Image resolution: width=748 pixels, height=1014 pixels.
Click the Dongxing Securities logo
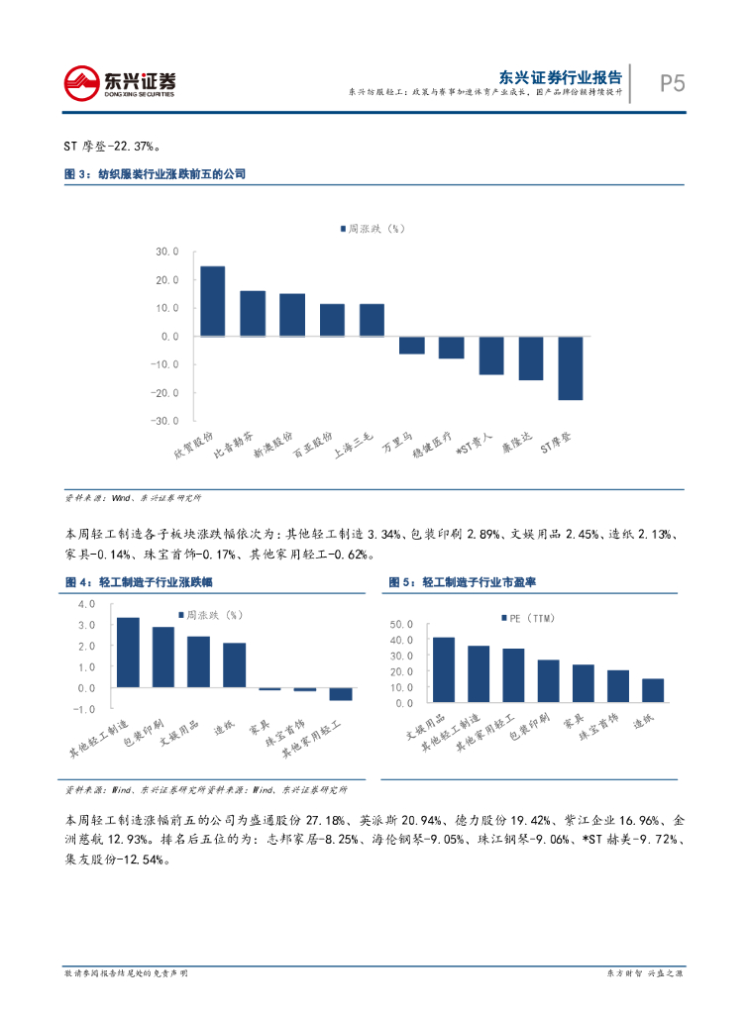pyautogui.click(x=121, y=83)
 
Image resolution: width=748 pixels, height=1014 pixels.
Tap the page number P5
pyautogui.click(x=673, y=83)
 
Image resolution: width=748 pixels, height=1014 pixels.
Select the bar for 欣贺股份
pyautogui.click(x=212, y=301)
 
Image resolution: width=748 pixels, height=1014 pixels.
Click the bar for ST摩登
pyautogui.click(x=570, y=368)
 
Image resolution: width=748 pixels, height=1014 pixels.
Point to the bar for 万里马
pyautogui.click(x=411, y=345)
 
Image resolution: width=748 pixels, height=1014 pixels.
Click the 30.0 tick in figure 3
pyautogui.click(x=166, y=253)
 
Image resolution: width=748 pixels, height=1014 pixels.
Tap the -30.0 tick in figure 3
pyautogui.click(x=164, y=421)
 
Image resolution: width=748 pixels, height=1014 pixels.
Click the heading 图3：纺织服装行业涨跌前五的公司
pyautogui.click(x=155, y=174)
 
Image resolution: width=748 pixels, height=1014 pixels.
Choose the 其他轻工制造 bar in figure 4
pyautogui.click(x=128, y=653)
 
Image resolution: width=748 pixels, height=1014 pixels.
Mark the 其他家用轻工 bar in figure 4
pyautogui.click(x=341, y=693)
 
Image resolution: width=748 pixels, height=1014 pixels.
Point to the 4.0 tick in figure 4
pyautogui.click(x=85, y=603)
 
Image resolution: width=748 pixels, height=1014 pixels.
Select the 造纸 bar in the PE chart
pyautogui.click(x=653, y=690)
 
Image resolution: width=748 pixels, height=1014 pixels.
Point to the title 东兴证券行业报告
pyautogui.click(x=561, y=76)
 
